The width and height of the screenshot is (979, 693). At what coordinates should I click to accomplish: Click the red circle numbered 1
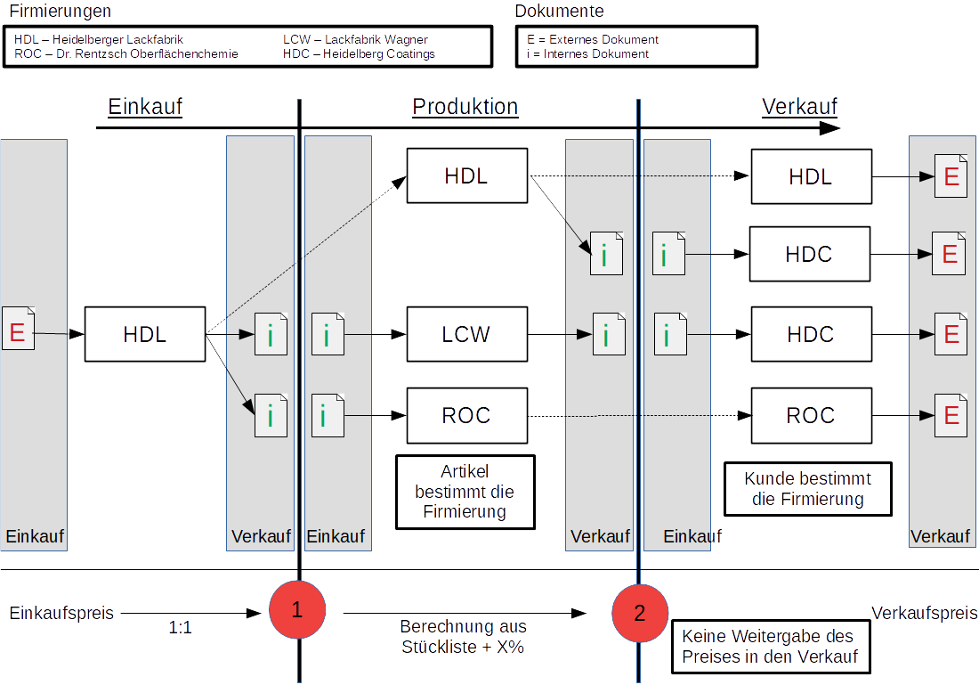[x=297, y=609]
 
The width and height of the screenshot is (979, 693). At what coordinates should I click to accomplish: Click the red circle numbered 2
[x=640, y=613]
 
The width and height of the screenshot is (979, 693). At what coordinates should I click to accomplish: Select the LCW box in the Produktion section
[x=467, y=334]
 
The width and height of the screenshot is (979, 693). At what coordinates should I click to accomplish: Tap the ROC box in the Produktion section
[x=467, y=416]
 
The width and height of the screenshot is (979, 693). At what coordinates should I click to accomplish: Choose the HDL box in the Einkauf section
[x=145, y=334]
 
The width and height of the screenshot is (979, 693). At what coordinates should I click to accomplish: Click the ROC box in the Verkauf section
[x=811, y=416]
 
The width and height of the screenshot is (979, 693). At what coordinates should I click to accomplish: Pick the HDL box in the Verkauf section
[x=811, y=177]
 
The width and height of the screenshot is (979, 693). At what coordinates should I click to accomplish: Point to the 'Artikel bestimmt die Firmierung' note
[x=465, y=492]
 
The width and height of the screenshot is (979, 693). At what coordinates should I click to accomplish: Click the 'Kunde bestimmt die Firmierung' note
[x=808, y=489]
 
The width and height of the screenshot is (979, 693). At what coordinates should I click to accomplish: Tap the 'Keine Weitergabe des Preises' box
[x=771, y=646]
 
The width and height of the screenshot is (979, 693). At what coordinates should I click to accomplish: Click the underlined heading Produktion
[x=465, y=107]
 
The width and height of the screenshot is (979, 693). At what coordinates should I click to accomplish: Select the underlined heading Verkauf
[x=800, y=107]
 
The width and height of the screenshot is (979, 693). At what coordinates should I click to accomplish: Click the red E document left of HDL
[x=18, y=328]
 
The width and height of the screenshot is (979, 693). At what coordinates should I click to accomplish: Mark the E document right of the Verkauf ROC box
[x=951, y=416]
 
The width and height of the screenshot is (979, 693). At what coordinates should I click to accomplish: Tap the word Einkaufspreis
[x=61, y=613]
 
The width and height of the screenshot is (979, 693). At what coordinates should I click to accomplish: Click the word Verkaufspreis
[x=924, y=613]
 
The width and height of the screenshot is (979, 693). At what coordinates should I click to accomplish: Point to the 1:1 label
[x=180, y=627]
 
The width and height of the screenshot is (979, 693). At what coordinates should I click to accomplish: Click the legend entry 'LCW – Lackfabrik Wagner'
[x=355, y=39]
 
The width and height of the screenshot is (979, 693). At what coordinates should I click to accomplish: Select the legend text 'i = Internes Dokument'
[x=587, y=53]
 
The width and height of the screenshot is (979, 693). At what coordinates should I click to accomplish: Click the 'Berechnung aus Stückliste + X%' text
[x=464, y=636]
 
